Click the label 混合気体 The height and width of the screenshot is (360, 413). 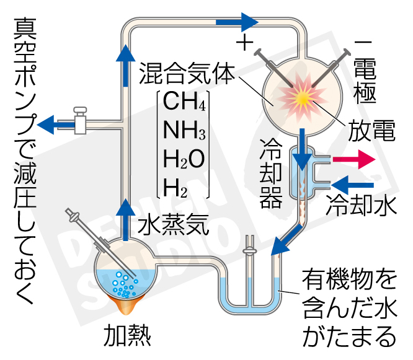(185, 72)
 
